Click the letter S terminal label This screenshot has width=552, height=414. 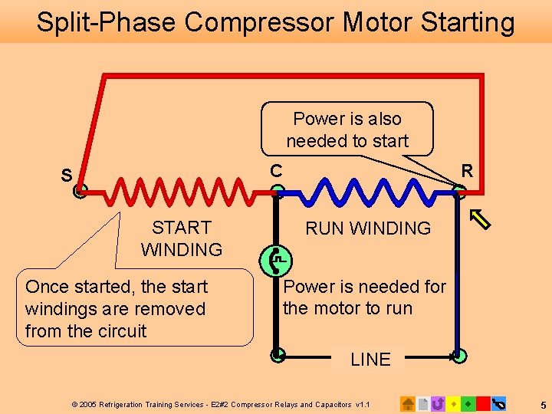67,176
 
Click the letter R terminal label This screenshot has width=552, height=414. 465,170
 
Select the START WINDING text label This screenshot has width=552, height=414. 182,238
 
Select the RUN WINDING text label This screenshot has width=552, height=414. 368,228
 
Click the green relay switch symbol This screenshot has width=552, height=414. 277,260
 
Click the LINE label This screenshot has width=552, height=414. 370,359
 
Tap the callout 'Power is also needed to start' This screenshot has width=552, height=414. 347,130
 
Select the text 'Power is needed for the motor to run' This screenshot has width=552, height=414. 364,297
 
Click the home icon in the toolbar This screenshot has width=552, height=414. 409,403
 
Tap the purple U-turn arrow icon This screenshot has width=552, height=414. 438,403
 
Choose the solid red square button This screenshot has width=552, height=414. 483,403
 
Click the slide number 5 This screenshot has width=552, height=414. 542,404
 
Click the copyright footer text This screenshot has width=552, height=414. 221,404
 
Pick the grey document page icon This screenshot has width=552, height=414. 423,403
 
